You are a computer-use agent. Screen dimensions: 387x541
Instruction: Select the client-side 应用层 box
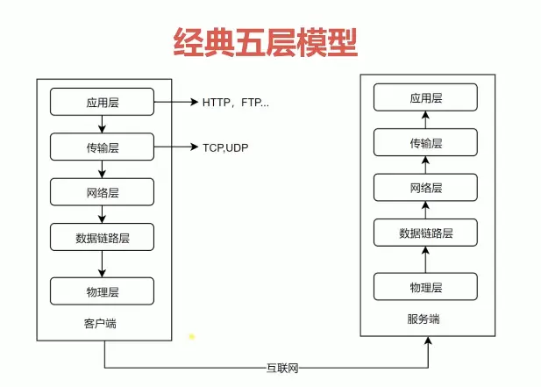102,102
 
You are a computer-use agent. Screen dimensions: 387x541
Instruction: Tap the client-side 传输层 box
102,147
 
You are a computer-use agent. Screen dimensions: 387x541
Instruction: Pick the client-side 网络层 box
102,190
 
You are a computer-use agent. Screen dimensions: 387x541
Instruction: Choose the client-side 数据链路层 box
102,237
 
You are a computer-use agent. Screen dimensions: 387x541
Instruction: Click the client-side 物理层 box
102,290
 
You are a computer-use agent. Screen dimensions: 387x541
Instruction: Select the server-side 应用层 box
425,98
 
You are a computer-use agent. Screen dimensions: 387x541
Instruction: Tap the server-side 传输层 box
425,142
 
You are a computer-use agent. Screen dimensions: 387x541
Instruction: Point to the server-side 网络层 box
425,188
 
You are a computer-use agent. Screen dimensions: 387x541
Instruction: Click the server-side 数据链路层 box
425,233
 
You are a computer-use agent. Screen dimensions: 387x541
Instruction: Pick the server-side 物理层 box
425,287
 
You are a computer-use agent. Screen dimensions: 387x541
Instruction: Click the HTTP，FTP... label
236,103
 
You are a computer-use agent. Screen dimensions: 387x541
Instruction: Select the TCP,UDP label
225,147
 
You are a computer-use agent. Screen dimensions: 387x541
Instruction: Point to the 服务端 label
424,319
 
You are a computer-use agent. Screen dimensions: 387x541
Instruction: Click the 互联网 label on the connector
282,368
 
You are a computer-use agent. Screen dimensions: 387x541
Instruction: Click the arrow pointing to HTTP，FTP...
175,102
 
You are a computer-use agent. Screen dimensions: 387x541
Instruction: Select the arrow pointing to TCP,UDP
175,147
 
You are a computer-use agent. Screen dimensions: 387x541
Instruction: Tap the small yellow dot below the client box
192,335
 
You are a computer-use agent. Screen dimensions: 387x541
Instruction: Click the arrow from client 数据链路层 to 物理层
102,263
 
